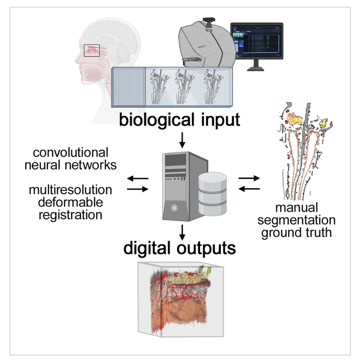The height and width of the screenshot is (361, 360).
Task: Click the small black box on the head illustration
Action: point(92,49)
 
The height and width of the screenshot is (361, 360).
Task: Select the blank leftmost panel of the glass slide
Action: point(128,87)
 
